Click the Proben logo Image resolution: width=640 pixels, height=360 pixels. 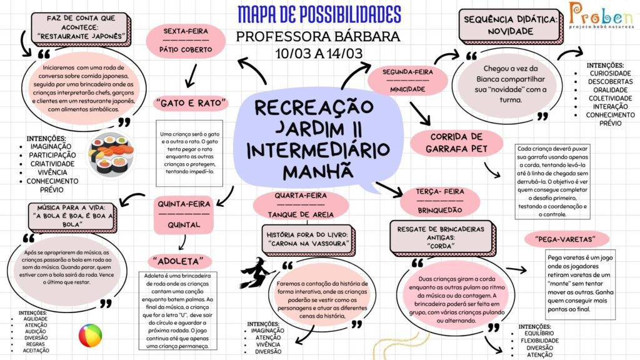[x=602, y=16]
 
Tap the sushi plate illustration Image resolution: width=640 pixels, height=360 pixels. [x=111, y=155]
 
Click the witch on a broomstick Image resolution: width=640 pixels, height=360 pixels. [x=257, y=273]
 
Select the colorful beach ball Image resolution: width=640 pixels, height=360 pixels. [x=90, y=336]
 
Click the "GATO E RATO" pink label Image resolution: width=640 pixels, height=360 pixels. [x=191, y=103]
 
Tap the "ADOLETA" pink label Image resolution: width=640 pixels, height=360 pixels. [x=180, y=261]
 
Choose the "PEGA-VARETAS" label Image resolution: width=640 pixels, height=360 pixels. [x=566, y=239]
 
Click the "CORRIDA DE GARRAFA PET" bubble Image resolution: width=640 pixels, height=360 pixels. [x=456, y=143]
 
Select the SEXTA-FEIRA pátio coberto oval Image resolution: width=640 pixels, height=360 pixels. [x=186, y=41]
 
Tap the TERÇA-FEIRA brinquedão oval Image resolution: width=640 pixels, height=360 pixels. [x=440, y=201]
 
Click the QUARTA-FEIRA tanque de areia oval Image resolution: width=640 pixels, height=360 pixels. [x=301, y=205]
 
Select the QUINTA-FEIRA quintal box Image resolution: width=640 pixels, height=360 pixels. [x=184, y=215]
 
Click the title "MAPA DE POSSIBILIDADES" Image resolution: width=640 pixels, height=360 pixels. [x=319, y=15]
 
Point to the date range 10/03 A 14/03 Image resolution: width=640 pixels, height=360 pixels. [x=319, y=54]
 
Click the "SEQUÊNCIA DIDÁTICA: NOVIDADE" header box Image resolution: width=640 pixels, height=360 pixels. [x=511, y=25]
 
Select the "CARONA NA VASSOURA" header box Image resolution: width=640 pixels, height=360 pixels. [x=308, y=239]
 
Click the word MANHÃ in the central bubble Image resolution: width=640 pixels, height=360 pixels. [x=318, y=170]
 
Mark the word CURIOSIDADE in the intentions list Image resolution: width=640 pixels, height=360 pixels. [x=610, y=74]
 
